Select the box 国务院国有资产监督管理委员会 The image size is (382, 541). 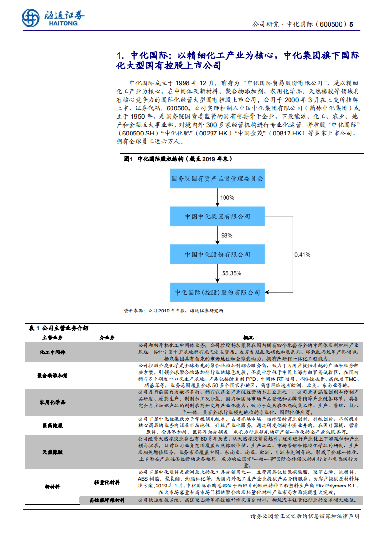pyautogui.click(x=218, y=178)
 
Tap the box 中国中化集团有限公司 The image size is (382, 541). pyautogui.click(x=218, y=216)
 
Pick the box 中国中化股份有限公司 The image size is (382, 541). pyautogui.click(x=218, y=254)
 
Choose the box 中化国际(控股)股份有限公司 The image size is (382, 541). pyautogui.click(x=218, y=292)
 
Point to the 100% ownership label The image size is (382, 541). pyautogui.click(x=227, y=198)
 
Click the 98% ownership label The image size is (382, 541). pyautogui.click(x=226, y=235)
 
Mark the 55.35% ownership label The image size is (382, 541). pyautogui.click(x=231, y=273)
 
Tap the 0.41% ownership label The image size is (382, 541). pyautogui.click(x=302, y=254)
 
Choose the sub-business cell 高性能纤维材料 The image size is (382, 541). pyautogui.click(x=107, y=500)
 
